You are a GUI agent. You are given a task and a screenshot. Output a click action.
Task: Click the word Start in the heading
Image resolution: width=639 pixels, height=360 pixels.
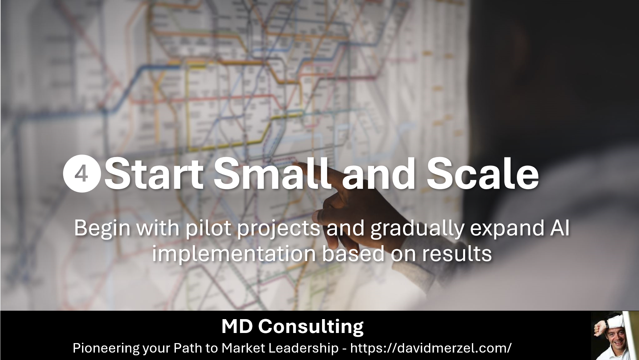click(x=154, y=174)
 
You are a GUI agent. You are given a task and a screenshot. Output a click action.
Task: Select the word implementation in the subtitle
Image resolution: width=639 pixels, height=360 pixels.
click(x=234, y=254)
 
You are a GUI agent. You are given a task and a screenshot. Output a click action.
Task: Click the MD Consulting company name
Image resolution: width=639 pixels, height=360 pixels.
click(x=292, y=327)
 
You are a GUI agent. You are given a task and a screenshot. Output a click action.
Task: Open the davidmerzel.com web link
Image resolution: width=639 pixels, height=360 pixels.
click(x=431, y=348)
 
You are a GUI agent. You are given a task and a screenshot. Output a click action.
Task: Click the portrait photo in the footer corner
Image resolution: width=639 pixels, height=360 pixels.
click(x=610, y=335)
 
